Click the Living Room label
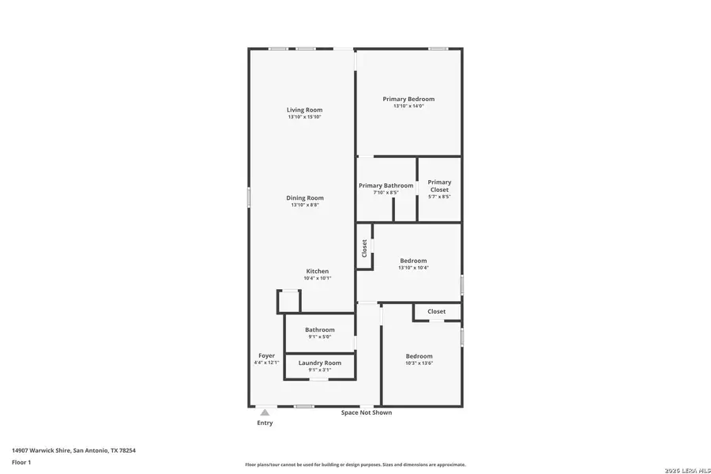(x=304, y=110)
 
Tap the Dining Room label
(x=304, y=198)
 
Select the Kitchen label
(x=318, y=271)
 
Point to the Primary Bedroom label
(x=408, y=100)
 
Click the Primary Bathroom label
(x=386, y=186)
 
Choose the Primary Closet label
(x=439, y=186)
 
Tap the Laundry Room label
(x=320, y=363)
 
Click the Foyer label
(x=266, y=356)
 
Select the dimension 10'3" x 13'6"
(x=419, y=363)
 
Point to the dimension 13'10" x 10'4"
(x=413, y=268)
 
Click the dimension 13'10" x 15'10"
(x=304, y=117)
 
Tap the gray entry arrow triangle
(x=265, y=412)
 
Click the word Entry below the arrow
(x=265, y=423)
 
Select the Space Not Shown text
(x=366, y=412)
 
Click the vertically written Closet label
(x=364, y=248)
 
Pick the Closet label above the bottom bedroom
(x=436, y=311)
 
